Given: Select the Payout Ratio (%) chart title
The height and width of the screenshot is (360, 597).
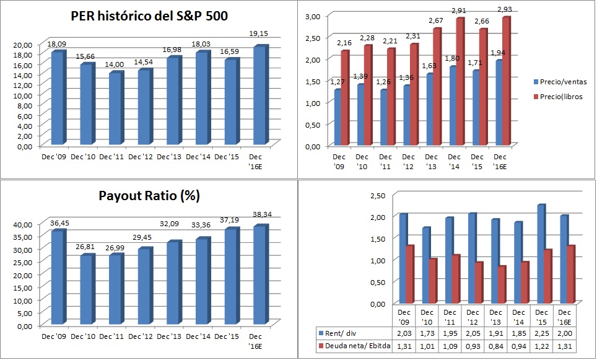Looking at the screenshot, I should (x=149, y=196).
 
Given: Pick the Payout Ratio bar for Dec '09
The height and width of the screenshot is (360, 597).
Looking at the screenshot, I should (x=57, y=276).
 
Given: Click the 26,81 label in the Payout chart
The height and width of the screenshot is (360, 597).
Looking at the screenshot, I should (x=85, y=245).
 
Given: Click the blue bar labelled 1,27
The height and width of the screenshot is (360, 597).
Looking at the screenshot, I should (x=338, y=117).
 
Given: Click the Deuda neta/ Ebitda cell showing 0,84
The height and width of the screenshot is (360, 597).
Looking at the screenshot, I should (x=495, y=346).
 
